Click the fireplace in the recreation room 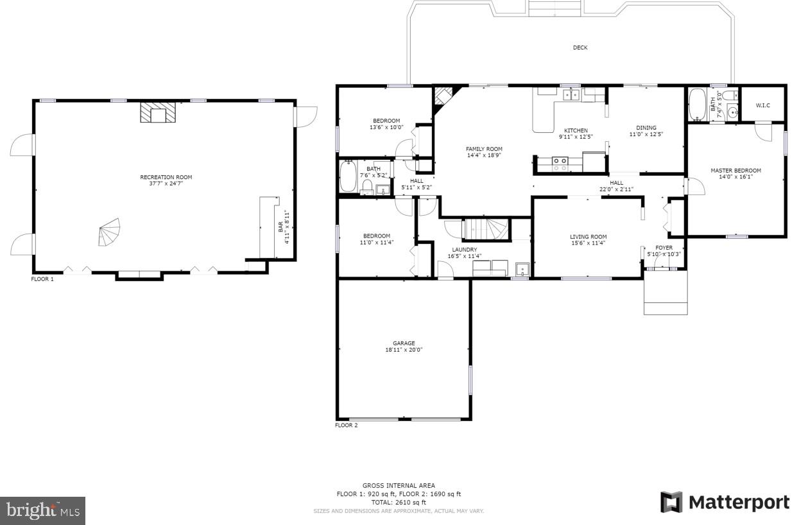click(x=158, y=113)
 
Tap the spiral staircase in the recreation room click(x=110, y=232)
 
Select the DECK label click(x=580, y=47)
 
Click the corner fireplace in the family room click(x=442, y=96)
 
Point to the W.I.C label click(x=762, y=105)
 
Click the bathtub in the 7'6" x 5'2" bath click(x=348, y=176)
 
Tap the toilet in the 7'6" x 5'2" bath click(x=367, y=187)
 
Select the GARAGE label click(x=404, y=343)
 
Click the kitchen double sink click(x=571, y=95)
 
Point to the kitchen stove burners click(x=560, y=164)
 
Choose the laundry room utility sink click(x=522, y=270)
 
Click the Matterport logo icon click(x=671, y=502)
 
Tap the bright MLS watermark click(x=42, y=511)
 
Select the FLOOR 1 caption click(x=42, y=279)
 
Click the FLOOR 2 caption click(x=346, y=425)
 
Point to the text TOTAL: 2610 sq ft click(x=399, y=503)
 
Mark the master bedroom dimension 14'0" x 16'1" click(x=735, y=177)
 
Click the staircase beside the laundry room click(x=486, y=229)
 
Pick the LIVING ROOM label click(x=589, y=237)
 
